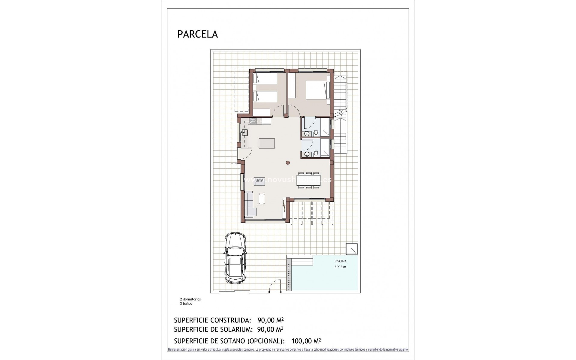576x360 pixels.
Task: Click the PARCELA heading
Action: (x=197, y=34)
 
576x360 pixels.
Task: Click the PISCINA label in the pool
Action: (x=340, y=261)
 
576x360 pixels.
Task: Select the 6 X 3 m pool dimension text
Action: (x=340, y=267)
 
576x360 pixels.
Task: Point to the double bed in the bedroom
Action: (x=316, y=90)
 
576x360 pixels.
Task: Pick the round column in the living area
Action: (x=288, y=163)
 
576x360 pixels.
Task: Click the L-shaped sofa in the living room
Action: (x=250, y=204)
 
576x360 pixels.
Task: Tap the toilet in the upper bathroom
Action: (x=316, y=133)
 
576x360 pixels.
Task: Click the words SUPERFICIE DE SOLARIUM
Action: (x=213, y=329)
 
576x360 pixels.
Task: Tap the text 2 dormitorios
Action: (x=190, y=299)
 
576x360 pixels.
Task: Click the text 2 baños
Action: (x=186, y=304)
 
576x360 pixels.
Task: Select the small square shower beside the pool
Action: (x=352, y=249)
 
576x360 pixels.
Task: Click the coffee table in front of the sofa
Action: (x=262, y=198)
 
